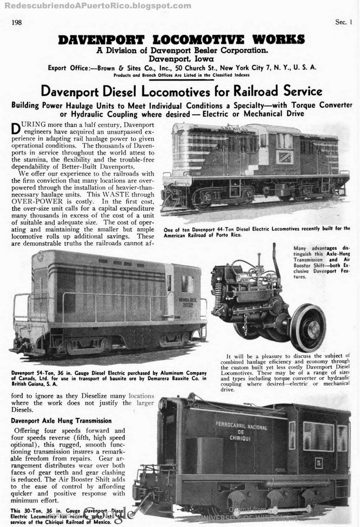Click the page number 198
point(17,22)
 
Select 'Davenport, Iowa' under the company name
point(181,59)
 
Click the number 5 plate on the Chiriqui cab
point(319,463)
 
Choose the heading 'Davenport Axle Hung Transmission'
point(61,421)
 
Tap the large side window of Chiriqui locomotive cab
point(318,436)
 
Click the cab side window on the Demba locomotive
point(187,284)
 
